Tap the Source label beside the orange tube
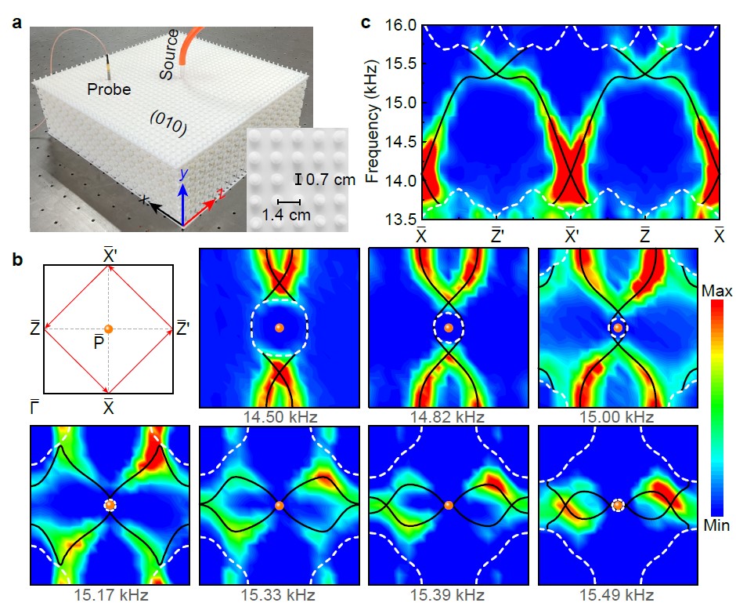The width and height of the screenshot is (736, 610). coord(170,53)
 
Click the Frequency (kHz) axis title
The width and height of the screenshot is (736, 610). coord(373,122)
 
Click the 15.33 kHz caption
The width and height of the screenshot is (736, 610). coord(280,595)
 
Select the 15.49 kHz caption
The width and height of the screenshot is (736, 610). coord(618,595)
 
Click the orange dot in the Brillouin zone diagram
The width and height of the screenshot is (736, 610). coord(108,328)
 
